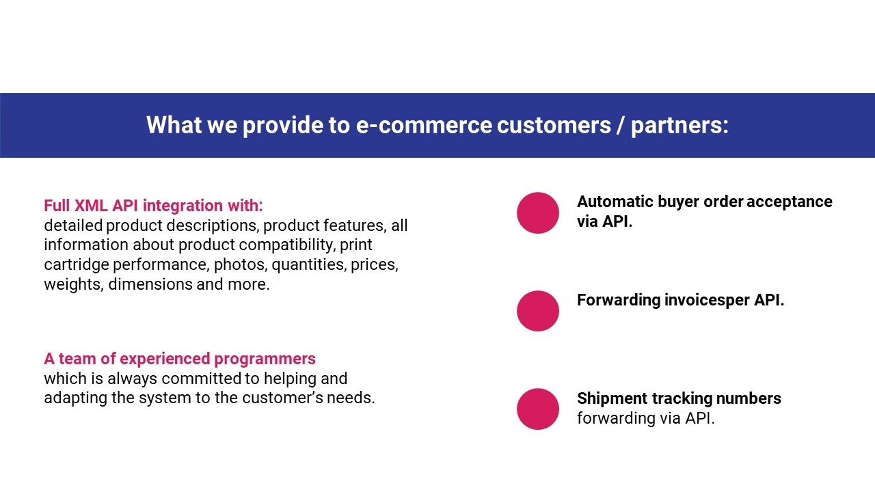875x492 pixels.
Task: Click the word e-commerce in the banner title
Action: pyautogui.click(x=424, y=125)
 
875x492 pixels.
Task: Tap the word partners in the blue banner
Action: pyautogui.click(x=679, y=126)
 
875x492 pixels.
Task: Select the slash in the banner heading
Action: pyautogui.click(x=621, y=125)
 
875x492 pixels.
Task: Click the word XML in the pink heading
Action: pyautogui.click(x=91, y=206)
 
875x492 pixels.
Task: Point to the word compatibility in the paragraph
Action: pyautogui.click(x=286, y=245)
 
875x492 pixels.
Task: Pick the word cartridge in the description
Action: pyautogui.click(x=76, y=265)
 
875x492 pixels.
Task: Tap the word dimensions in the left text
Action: pyautogui.click(x=150, y=284)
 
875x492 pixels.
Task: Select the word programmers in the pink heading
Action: pyautogui.click(x=265, y=359)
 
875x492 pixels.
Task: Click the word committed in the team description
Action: pyautogui.click(x=203, y=379)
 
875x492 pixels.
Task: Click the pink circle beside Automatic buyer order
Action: pyautogui.click(x=538, y=213)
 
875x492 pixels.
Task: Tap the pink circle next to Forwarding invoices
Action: pyautogui.click(x=538, y=311)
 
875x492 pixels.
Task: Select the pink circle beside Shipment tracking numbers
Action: pyautogui.click(x=538, y=409)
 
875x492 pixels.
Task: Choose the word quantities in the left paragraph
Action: pyautogui.click(x=308, y=264)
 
